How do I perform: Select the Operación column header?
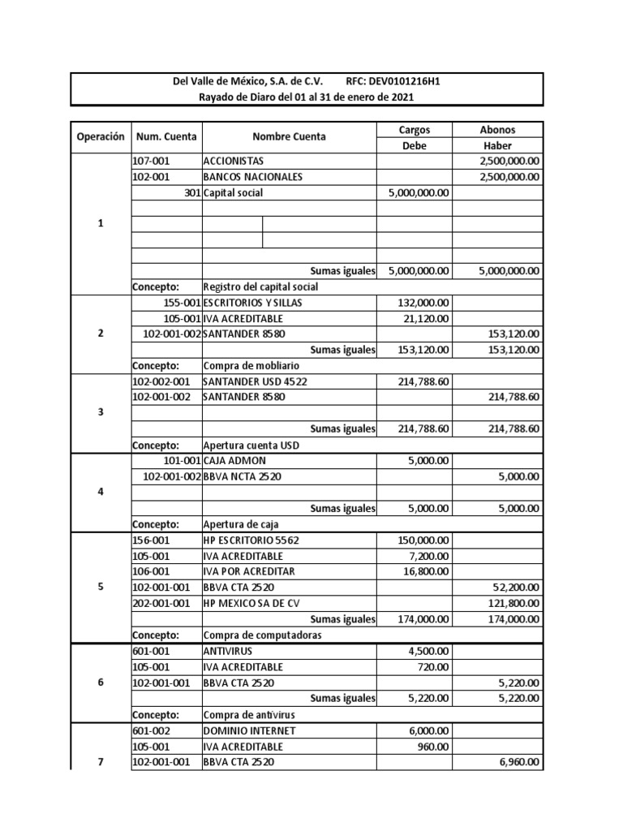101,136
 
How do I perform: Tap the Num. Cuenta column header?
166,136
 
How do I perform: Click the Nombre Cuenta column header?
289,136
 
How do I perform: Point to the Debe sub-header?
414,145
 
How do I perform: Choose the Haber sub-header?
497,145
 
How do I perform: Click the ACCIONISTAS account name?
234,161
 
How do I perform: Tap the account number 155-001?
181,303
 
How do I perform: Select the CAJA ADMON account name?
234,461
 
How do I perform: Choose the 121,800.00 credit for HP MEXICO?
514,603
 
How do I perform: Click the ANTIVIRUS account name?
228,651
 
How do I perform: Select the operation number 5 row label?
101,587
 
